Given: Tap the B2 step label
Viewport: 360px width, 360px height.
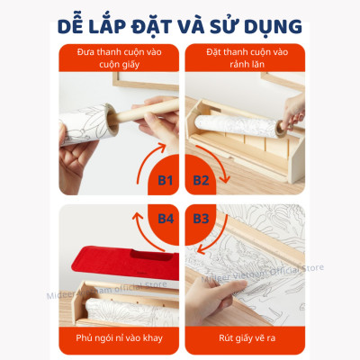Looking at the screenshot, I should coord(200,181).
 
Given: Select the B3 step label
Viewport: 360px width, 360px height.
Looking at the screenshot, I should coord(200,219).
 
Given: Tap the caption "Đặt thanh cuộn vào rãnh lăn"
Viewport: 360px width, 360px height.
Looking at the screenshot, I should coord(251,57).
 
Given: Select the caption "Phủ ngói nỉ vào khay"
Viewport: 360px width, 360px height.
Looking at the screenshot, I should coord(107,337).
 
